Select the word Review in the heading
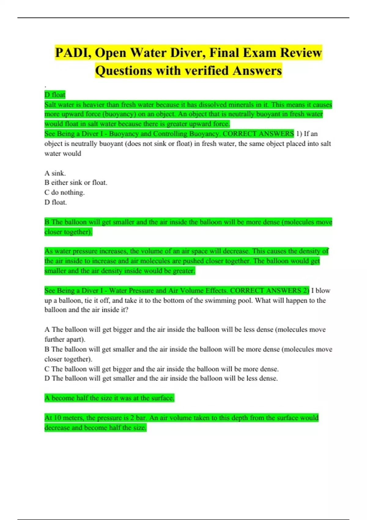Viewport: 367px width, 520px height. tap(301, 53)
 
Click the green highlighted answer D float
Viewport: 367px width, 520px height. tap(55, 95)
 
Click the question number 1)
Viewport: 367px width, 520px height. tap(299, 134)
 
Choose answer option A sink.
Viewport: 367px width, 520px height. tap(55, 173)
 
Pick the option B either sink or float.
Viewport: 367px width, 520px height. tap(76, 183)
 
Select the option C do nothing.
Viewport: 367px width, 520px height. tap(65, 192)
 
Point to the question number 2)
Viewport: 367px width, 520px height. tap(306, 290)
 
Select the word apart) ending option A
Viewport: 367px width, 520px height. tap(76, 339)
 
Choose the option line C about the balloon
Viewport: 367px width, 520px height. tap(161, 369)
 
